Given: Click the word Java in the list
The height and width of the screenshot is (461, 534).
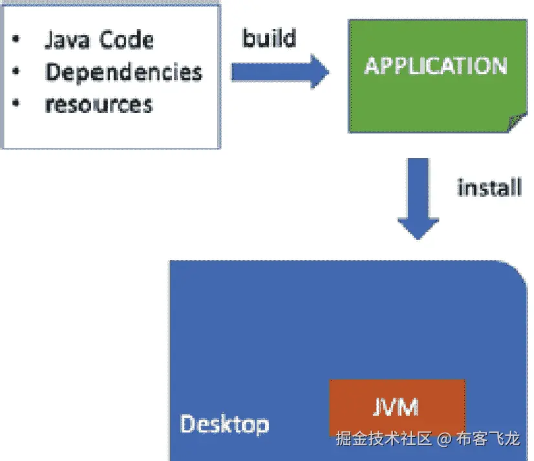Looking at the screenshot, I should pos(67,40).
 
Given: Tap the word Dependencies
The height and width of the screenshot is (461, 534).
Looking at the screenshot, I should pos(123,72).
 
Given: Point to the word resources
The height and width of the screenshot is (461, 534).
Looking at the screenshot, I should pos(99,104).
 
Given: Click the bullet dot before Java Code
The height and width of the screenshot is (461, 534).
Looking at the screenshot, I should pos(16,41).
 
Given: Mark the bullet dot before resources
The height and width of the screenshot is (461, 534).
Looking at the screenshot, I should pos(16,104).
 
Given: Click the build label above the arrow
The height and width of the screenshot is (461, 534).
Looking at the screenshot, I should pos(269,38).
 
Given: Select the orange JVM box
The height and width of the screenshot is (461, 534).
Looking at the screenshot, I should pos(396,407).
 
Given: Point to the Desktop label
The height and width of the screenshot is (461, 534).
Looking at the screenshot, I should pos(224,424).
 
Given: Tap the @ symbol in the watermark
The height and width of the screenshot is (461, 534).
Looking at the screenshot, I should pos(443,440).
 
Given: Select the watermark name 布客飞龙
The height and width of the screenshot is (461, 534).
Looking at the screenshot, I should pos(487,440).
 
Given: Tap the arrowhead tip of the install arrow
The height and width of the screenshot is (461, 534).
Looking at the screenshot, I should pos(418,240).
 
